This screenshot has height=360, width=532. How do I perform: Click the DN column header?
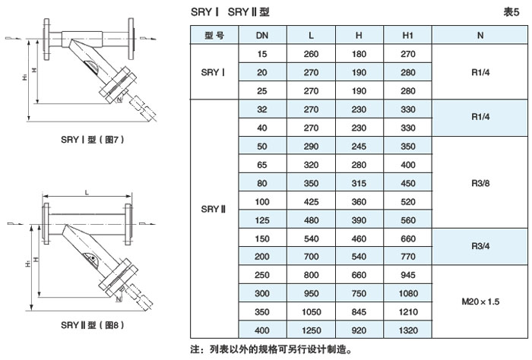click(261, 36)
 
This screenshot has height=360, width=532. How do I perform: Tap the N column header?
click(480, 36)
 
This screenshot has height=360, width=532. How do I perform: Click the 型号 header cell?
click(214, 36)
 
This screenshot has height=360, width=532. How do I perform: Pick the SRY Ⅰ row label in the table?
click(214, 72)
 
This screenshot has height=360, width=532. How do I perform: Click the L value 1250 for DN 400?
click(311, 329)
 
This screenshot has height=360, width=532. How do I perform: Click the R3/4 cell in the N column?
click(480, 246)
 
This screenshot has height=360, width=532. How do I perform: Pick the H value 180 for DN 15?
click(359, 55)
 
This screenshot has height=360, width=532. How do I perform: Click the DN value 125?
click(261, 219)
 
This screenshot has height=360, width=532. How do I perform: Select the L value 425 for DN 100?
click(311, 201)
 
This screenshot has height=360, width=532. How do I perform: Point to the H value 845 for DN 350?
click(359, 311)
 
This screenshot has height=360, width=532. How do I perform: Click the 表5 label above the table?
click(511, 12)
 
